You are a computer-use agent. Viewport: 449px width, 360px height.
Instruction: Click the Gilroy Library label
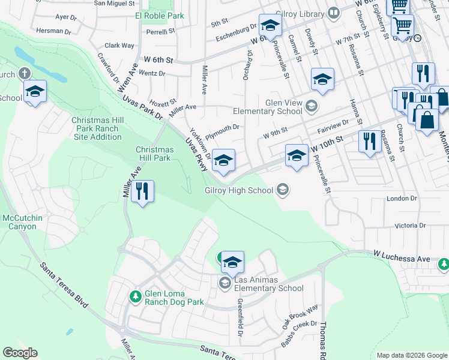301,13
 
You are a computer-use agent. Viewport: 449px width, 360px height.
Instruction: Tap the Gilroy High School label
239,191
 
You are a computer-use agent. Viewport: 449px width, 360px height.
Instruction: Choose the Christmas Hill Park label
154,154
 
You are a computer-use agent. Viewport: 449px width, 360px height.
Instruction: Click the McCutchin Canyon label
22,222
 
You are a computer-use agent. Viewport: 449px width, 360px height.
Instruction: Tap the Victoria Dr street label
410,226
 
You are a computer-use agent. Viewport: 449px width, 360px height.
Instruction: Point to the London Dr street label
402,199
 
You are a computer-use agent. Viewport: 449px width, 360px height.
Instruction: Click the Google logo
20,353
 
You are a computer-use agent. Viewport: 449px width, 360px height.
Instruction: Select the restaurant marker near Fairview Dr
369,142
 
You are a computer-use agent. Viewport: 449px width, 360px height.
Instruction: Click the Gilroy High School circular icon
282,191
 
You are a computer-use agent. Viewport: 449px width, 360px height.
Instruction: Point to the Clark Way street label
119,45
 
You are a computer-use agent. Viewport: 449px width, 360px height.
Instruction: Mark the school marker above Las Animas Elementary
232,262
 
